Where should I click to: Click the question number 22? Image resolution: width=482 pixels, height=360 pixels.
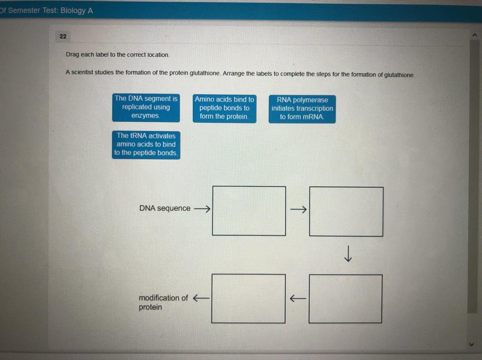(63, 36)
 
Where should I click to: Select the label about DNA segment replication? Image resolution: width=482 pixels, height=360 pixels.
(146, 108)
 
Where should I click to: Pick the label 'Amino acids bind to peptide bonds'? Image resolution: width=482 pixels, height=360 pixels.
(225, 108)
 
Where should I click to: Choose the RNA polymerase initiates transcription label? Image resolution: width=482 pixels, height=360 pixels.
(302, 109)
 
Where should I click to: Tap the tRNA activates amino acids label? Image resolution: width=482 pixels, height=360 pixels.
(146, 145)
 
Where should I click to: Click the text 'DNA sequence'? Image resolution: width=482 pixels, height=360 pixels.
(165, 208)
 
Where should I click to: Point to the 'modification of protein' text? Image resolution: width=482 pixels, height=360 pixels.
(163, 302)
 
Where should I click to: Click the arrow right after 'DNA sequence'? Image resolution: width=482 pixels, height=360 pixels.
(202, 209)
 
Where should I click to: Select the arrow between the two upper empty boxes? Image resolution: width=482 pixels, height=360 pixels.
(299, 210)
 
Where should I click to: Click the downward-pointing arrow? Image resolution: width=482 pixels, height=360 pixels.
(348, 253)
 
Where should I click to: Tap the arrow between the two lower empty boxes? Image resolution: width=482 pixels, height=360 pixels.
(298, 298)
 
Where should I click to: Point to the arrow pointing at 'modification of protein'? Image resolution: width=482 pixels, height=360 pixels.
(201, 297)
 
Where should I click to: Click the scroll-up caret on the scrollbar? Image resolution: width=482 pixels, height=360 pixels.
(474, 35)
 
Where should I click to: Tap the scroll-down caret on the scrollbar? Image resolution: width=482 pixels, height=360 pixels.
(472, 345)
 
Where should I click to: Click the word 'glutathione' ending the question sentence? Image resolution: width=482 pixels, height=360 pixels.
(399, 75)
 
